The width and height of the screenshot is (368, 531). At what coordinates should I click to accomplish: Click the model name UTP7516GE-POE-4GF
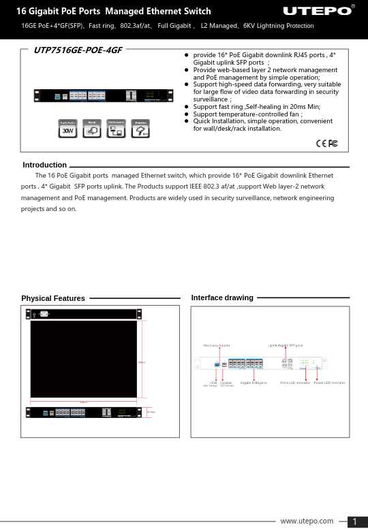pos(73,50)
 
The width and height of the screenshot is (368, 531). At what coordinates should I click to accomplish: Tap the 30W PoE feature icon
pos(68,129)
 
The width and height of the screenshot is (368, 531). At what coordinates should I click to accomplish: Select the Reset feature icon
pos(91,129)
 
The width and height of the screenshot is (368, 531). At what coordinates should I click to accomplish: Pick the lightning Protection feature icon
pos(141,129)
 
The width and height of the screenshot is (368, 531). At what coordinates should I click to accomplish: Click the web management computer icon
pos(116,129)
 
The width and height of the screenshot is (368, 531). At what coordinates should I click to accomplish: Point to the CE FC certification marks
pos(327,143)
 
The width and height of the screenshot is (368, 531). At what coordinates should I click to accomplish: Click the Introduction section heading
pos(44,165)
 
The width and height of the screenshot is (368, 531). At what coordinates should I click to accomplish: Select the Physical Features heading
pos(53,298)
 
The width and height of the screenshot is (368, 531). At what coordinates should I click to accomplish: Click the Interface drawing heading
pos(222,297)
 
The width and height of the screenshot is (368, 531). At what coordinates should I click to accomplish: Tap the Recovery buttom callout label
pos(219,346)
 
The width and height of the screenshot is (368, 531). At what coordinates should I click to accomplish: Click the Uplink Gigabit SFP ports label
pos(286,346)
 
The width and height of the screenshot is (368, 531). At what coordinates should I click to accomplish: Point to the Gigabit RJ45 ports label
pos(254,383)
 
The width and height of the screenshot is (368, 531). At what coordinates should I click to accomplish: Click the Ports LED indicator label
pos(295,383)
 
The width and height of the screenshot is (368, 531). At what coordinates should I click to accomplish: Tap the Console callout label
pos(226,383)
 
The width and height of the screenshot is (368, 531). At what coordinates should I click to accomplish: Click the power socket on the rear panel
pos(44,314)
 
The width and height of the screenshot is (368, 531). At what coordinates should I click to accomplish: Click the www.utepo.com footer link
pos(307,521)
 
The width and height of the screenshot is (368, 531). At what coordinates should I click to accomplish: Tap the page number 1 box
pos(355,521)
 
